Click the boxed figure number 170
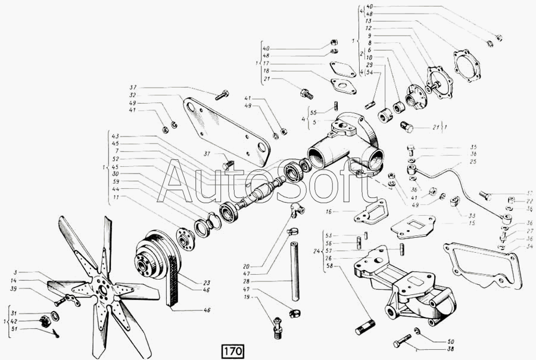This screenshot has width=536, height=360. click(233, 350)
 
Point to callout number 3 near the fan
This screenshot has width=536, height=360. click(15, 271)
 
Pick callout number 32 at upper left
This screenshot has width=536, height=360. click(132, 95)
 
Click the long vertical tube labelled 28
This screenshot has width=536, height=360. click(294, 265)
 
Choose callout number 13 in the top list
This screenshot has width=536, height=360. click(369, 21)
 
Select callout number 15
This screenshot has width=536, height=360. click(455, 224)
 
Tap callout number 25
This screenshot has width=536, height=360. click(474, 162)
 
